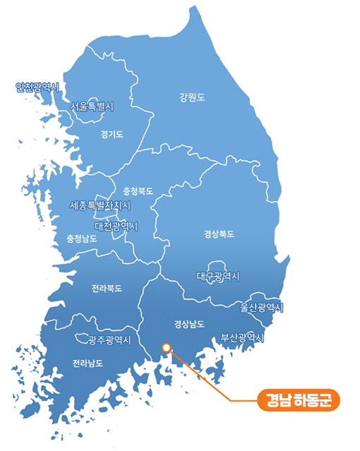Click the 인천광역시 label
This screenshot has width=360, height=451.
point(37,88)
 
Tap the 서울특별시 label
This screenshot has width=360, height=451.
point(92,107)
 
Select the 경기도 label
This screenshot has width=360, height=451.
point(112,133)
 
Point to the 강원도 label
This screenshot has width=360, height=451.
point(191,97)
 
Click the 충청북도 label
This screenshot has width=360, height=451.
point(138,191)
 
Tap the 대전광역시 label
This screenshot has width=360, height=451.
point(116,226)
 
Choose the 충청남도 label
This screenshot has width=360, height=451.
point(81,239)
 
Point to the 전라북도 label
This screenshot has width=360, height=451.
point(107,289)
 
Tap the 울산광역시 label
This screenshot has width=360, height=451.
point(261,308)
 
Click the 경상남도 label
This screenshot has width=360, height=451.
point(189,325)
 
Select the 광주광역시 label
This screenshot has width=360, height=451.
point(109,340)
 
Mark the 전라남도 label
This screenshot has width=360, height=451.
point(88,363)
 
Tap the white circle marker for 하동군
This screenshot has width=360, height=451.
point(166,347)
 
